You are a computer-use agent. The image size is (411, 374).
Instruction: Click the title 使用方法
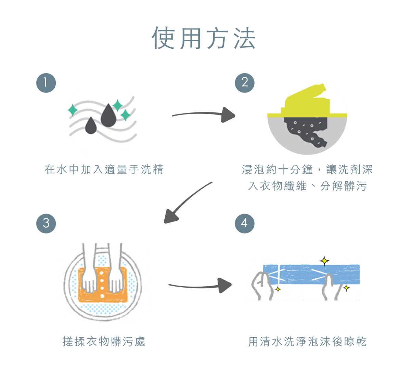(x=204, y=38)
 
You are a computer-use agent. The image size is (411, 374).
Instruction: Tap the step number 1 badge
(x=46, y=83)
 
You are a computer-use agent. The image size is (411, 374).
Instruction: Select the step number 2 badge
(x=244, y=83)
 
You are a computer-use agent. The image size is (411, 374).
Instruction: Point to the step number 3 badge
(x=46, y=223)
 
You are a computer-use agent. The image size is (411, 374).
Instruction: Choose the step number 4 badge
(x=244, y=223)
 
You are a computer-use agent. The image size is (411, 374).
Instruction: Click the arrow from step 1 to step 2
(x=204, y=115)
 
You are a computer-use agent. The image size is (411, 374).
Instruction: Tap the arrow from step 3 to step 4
(x=200, y=285)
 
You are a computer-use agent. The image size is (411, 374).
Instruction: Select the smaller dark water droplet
(x=91, y=125)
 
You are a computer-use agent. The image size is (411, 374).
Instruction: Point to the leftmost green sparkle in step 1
(x=72, y=110)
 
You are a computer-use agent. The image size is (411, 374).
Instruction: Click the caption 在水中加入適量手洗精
(x=104, y=170)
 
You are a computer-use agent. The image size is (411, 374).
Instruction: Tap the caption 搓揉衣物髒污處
(x=104, y=342)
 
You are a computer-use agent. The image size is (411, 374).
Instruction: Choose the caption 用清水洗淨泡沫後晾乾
(x=307, y=342)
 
